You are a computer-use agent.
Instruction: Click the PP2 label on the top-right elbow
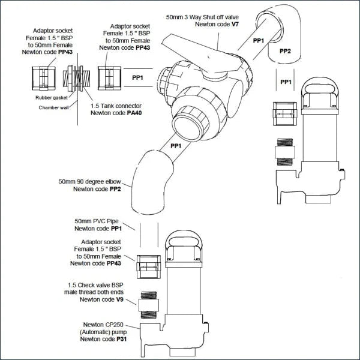coord(284,51)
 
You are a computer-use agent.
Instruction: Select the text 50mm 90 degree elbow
coord(89,181)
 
